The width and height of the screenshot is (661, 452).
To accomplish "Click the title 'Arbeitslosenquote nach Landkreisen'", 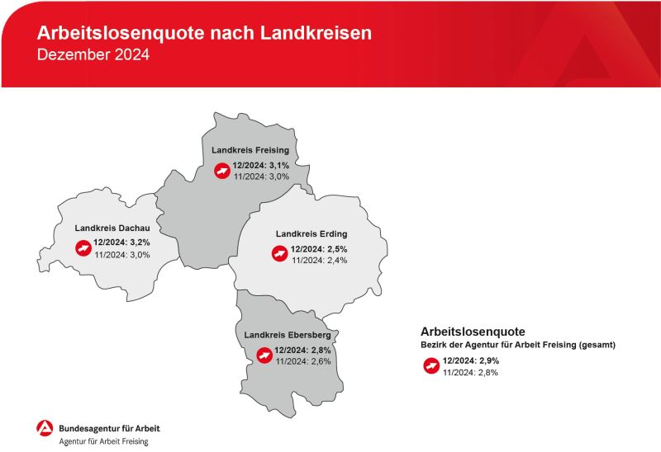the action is tap(204, 33).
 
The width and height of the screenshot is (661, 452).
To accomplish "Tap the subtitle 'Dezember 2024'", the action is tap(93, 54).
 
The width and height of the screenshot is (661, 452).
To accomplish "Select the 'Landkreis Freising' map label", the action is tap(250, 150).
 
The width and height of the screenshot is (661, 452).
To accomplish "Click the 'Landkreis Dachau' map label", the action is tap(112, 228).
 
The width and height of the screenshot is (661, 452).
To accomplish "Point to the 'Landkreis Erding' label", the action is tap(311, 233).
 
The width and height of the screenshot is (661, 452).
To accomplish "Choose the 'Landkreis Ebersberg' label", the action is tap(288, 335).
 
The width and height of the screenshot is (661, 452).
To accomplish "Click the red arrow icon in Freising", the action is tap(222, 171).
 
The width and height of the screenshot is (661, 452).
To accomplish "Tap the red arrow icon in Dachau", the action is tap(83, 248).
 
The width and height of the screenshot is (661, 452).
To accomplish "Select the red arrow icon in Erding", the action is tap(279, 253).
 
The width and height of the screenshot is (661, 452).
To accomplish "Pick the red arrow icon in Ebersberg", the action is tap(264, 355).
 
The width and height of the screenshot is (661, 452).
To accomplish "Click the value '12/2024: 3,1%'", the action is tap(261, 166).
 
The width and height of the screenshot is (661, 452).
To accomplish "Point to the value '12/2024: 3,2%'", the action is tap(121, 242).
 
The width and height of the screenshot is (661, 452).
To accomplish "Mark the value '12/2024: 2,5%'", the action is tap(319, 249).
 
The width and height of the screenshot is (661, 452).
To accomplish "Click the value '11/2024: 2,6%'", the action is tap(303, 361).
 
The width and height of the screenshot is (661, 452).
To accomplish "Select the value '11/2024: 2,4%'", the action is tap(320, 260).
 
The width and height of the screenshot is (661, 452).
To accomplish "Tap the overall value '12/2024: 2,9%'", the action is tap(471, 360).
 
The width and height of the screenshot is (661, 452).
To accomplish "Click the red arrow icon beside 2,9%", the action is tap(431, 365).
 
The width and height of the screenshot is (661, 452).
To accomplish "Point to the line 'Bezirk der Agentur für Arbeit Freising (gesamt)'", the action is tap(518, 345).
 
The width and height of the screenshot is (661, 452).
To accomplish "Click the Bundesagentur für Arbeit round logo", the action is tap(45, 428).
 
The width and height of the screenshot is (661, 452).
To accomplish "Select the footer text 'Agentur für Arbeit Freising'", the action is tap(104, 441).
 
